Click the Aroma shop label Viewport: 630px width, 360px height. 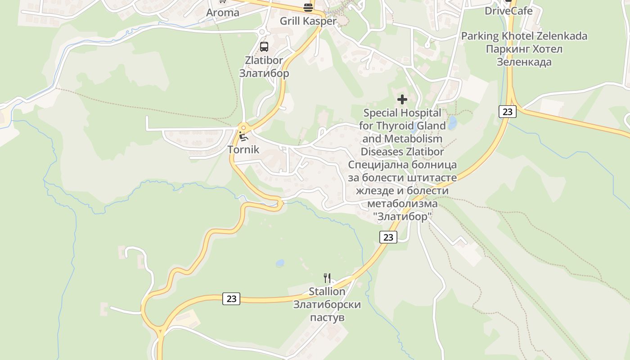[222, 13]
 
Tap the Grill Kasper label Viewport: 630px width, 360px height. [308, 21]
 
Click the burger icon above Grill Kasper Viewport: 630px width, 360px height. [308, 7]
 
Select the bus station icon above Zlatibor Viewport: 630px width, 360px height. [264, 46]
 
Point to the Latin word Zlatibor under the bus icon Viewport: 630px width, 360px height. [264, 60]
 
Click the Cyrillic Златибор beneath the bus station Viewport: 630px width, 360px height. [264, 73]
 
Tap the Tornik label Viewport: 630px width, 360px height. [243, 149]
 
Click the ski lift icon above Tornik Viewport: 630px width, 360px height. [243, 137]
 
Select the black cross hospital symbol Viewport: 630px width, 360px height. [402, 99]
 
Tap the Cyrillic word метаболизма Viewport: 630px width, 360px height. [402, 204]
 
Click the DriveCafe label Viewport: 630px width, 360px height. [508, 11]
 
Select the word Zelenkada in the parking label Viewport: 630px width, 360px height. [562, 36]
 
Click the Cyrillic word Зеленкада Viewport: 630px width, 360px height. [524, 62]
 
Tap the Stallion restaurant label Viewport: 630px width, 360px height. [327, 292]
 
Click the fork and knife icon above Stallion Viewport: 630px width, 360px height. [327, 278]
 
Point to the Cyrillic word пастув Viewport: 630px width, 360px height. [327, 318]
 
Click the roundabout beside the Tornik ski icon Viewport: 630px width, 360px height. [243, 127]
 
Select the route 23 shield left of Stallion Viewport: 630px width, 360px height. [231, 298]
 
